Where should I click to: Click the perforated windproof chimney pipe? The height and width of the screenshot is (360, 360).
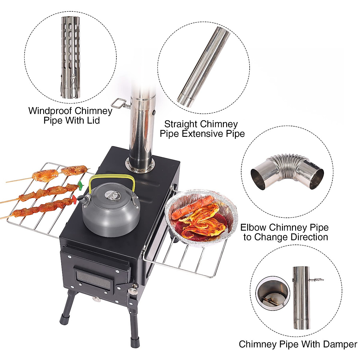(70, 57)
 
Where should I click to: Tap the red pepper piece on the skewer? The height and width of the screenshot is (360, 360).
(74, 199)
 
